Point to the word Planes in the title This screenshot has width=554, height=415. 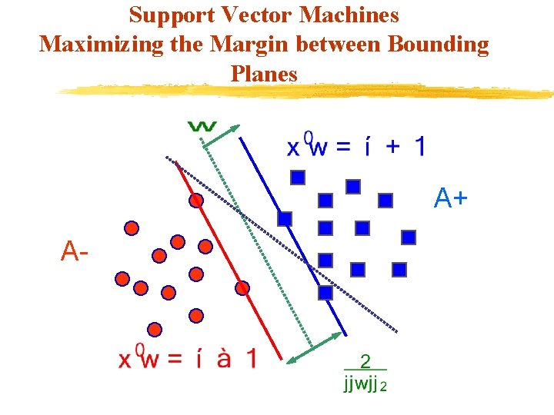[263, 73]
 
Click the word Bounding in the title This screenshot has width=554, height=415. [439, 44]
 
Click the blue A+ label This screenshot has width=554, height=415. [450, 199]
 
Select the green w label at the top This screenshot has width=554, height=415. [202, 125]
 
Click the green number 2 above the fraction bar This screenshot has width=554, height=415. [365, 361]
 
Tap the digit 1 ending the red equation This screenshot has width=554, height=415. [250, 359]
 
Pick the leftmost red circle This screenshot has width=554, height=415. [122, 279]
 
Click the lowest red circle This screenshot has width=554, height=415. [155, 330]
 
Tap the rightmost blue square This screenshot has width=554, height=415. [409, 237]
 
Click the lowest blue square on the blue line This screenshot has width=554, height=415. [325, 293]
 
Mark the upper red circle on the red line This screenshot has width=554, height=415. [196, 201]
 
